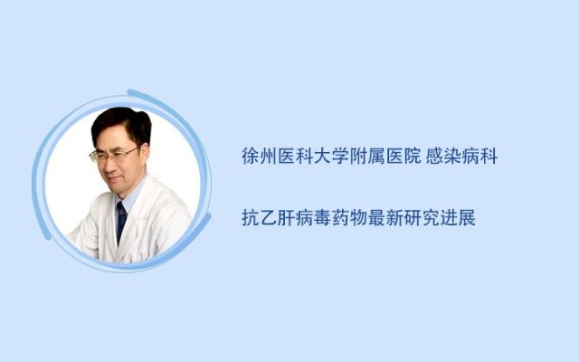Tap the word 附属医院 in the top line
click(x=385, y=156)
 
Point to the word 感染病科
click(x=461, y=156)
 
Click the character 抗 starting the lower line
click(x=251, y=217)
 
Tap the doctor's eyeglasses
click(x=112, y=155)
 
